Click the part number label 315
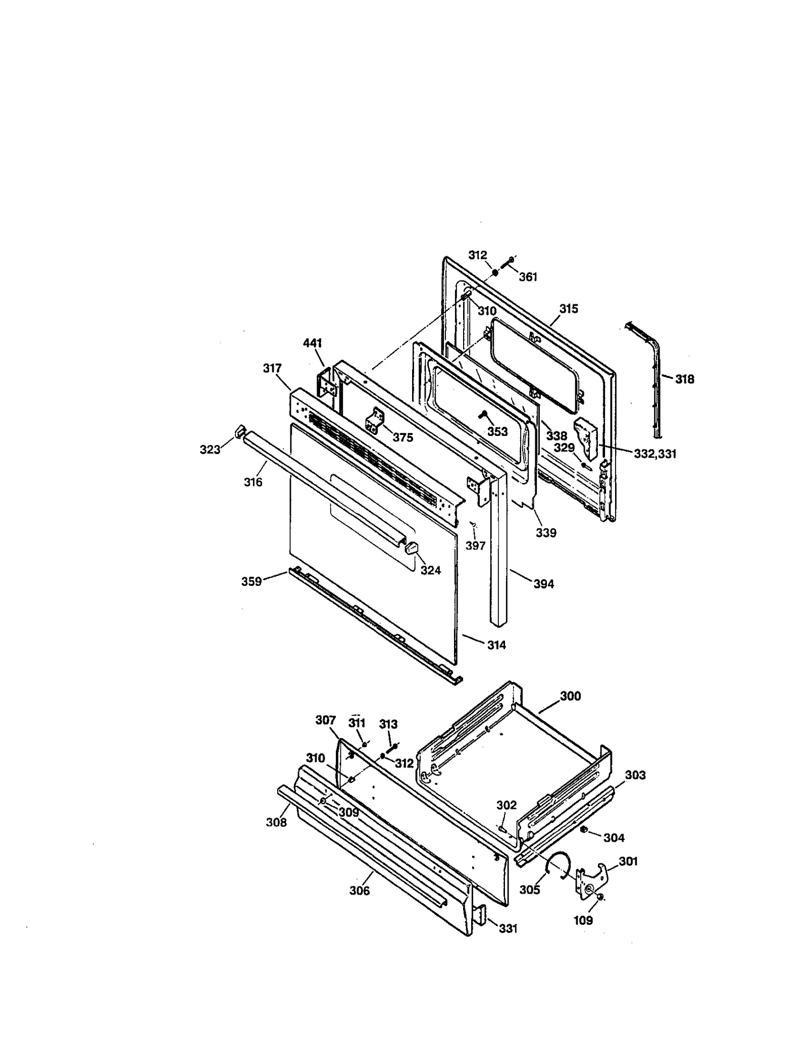tap(569, 309)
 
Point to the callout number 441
tap(312, 343)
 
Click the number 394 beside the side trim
tap(543, 584)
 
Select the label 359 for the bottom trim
tap(251, 581)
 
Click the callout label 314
tap(496, 645)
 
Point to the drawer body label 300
tap(570, 696)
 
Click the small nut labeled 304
tap(584, 830)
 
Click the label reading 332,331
tap(655, 454)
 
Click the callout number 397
tap(475, 545)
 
